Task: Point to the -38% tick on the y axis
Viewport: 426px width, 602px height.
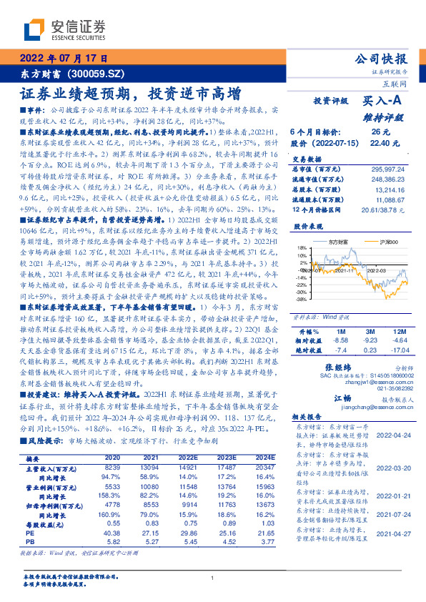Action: pos(303,301)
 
